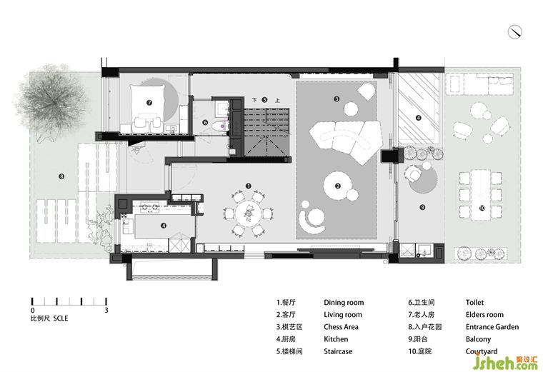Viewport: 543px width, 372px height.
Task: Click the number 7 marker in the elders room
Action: point(149,102)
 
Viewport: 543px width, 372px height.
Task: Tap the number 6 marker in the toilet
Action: point(205,123)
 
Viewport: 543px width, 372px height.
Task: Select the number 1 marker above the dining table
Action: point(248,186)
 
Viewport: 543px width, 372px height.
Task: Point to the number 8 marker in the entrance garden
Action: point(61,176)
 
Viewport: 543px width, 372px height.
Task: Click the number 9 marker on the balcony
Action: point(422,207)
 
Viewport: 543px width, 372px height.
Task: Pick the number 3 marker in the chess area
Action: point(337,99)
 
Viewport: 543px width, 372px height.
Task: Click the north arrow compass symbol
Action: point(515,32)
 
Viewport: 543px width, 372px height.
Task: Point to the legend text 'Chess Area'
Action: point(341,327)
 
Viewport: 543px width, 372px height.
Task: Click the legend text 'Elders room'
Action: point(484,315)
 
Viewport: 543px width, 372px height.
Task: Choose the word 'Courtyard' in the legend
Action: point(482,351)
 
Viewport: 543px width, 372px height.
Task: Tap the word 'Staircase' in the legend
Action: point(338,351)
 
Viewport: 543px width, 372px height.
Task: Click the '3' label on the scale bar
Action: point(106,310)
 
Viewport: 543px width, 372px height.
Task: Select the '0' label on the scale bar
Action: point(33,311)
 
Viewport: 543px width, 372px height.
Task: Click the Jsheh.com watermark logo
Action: point(506,362)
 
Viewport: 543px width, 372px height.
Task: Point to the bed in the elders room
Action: point(147,108)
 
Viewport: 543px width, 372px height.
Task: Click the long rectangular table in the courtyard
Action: point(481,195)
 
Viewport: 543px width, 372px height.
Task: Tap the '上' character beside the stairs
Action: point(277,101)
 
